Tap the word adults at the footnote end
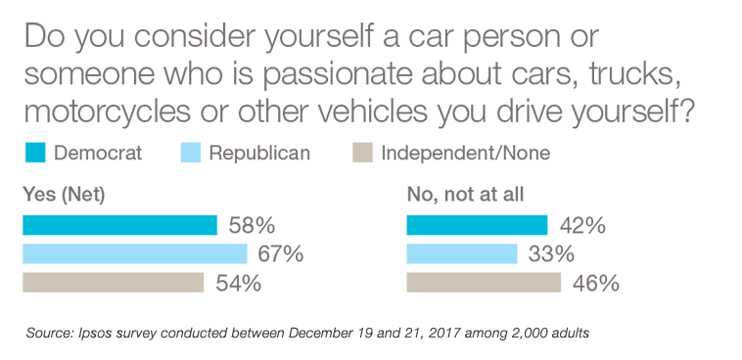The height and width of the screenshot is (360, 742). (x=572, y=334)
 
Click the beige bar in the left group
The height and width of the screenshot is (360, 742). (x=117, y=282)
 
